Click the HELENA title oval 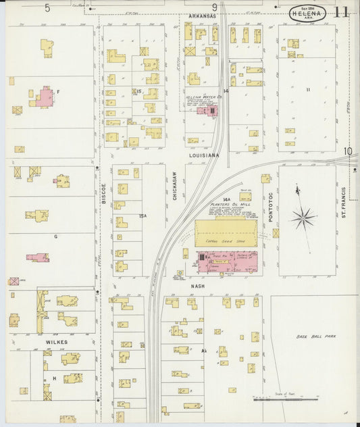(x=310, y=12)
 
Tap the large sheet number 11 (x=341, y=12)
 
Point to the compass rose (x=303, y=217)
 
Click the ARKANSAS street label (x=203, y=15)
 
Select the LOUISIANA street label (x=204, y=155)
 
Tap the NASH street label (x=197, y=286)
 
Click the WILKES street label (x=56, y=342)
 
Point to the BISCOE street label (x=104, y=195)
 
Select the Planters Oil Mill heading (x=230, y=204)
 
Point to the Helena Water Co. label (x=203, y=97)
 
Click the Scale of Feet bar (x=276, y=399)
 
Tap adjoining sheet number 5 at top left (x=47, y=8)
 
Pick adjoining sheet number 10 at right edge (x=348, y=151)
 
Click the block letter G (x=55, y=237)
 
